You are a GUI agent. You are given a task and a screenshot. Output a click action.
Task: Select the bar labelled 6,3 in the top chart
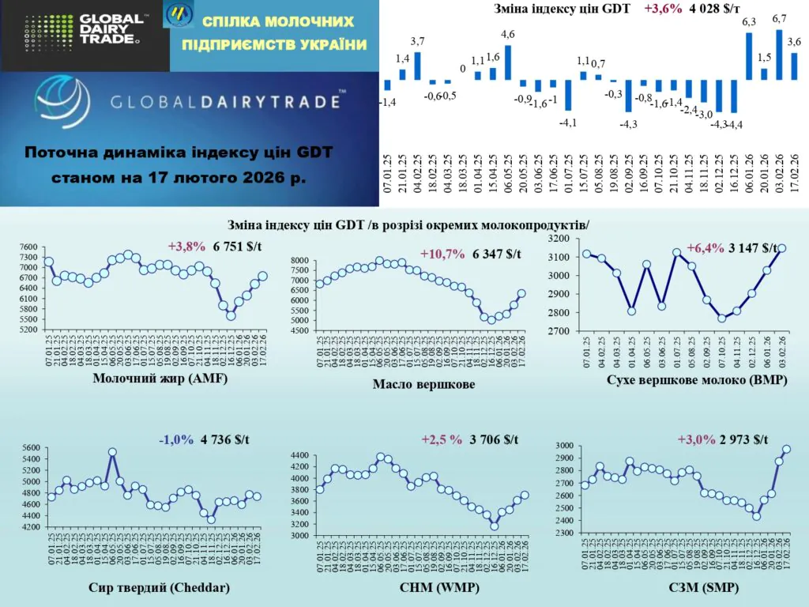pos(749,57)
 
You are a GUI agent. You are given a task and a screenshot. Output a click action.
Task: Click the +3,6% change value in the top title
pos(664,9)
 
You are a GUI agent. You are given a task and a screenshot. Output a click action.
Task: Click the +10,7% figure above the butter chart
pos(443,254)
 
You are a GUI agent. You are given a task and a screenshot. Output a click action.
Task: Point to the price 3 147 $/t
pos(751,247)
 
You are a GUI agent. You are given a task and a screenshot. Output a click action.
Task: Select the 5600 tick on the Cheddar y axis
pos(29,448)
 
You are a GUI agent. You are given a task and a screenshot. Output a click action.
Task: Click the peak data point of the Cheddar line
pos(112,453)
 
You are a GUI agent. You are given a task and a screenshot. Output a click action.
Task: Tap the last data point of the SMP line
pos(786,450)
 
